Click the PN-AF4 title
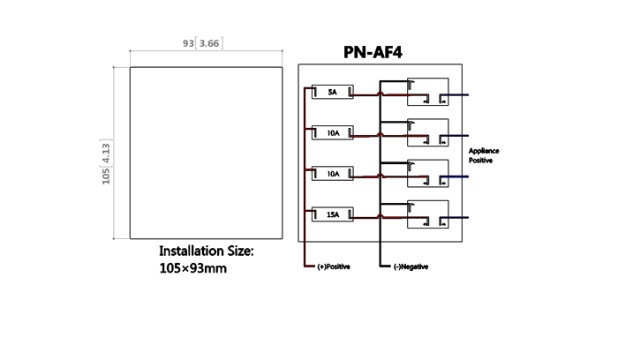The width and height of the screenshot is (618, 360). (380, 52)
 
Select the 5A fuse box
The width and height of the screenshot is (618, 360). (332, 92)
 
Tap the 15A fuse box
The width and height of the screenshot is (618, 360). (332, 214)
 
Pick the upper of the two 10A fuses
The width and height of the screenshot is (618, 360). (332, 132)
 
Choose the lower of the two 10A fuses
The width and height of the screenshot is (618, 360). (332, 174)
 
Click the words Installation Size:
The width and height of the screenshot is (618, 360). (205, 251)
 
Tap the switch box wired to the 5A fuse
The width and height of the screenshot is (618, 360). (427, 93)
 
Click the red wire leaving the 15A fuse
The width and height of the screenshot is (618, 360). (367, 217)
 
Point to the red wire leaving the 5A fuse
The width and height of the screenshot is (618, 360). (367, 94)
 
